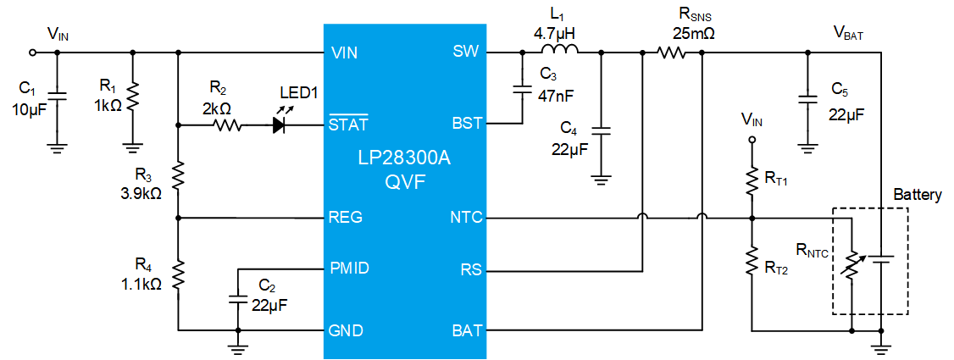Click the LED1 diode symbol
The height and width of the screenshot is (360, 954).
pyautogui.click(x=280, y=125)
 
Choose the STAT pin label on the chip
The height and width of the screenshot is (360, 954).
pyautogui.click(x=348, y=123)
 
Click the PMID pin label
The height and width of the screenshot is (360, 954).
pyautogui.click(x=348, y=269)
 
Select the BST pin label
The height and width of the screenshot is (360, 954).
pyautogui.click(x=466, y=125)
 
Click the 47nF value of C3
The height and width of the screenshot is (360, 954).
pyautogui.click(x=555, y=96)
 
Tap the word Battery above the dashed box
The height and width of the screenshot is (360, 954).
pyautogui.click(x=918, y=195)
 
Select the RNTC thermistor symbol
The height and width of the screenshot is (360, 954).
pyautogui.click(x=851, y=263)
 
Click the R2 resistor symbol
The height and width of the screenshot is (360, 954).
pyautogui.click(x=228, y=126)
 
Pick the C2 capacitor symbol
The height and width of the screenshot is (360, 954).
pyautogui.click(x=238, y=298)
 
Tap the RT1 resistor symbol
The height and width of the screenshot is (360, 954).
pyautogui.click(x=752, y=180)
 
